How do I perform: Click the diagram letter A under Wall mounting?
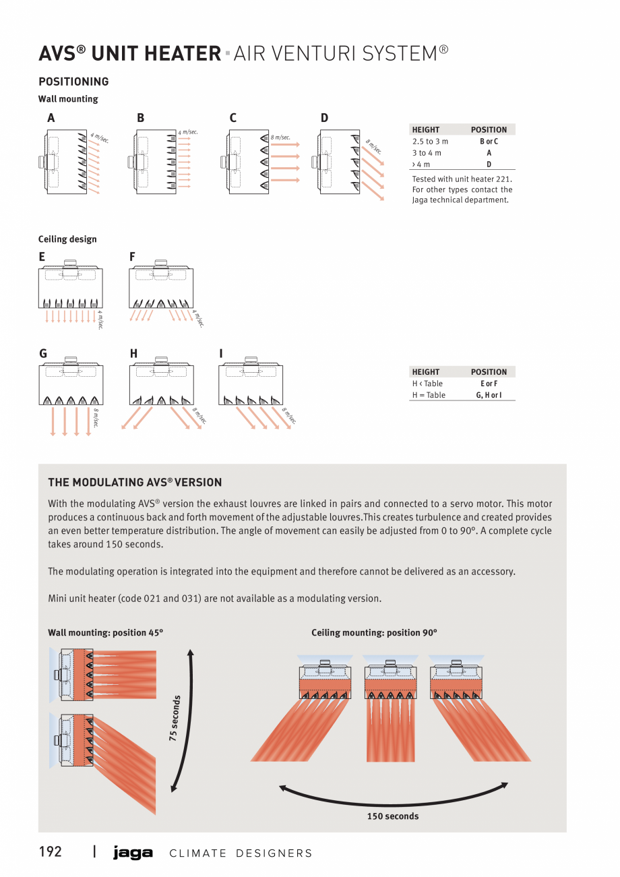(x=51, y=118)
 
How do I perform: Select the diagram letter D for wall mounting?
(x=324, y=118)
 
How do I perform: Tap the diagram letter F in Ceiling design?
(x=132, y=257)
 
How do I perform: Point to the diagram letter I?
(x=221, y=353)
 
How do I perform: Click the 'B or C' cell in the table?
(x=489, y=142)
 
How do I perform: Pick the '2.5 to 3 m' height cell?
(x=430, y=142)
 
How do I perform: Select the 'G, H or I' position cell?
(x=489, y=395)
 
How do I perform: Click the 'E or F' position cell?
(x=489, y=384)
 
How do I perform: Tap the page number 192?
(x=50, y=852)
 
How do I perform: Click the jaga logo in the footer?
(x=133, y=853)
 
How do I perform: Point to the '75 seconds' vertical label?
(x=175, y=719)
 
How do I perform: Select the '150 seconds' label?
(x=392, y=816)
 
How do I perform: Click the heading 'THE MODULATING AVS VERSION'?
(x=135, y=483)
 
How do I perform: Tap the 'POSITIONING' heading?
(x=73, y=82)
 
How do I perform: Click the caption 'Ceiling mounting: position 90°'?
(x=374, y=633)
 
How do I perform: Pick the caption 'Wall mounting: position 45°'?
(x=106, y=633)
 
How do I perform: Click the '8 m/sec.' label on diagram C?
(x=280, y=138)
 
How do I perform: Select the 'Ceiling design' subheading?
(x=67, y=239)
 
